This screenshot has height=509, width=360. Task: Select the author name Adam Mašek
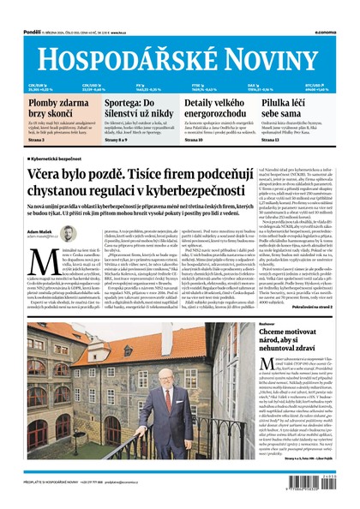click(x=41, y=231)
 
